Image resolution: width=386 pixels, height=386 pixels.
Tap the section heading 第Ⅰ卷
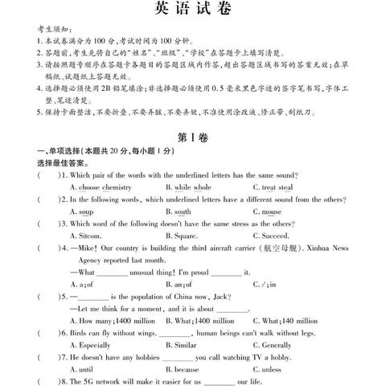click(194, 138)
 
